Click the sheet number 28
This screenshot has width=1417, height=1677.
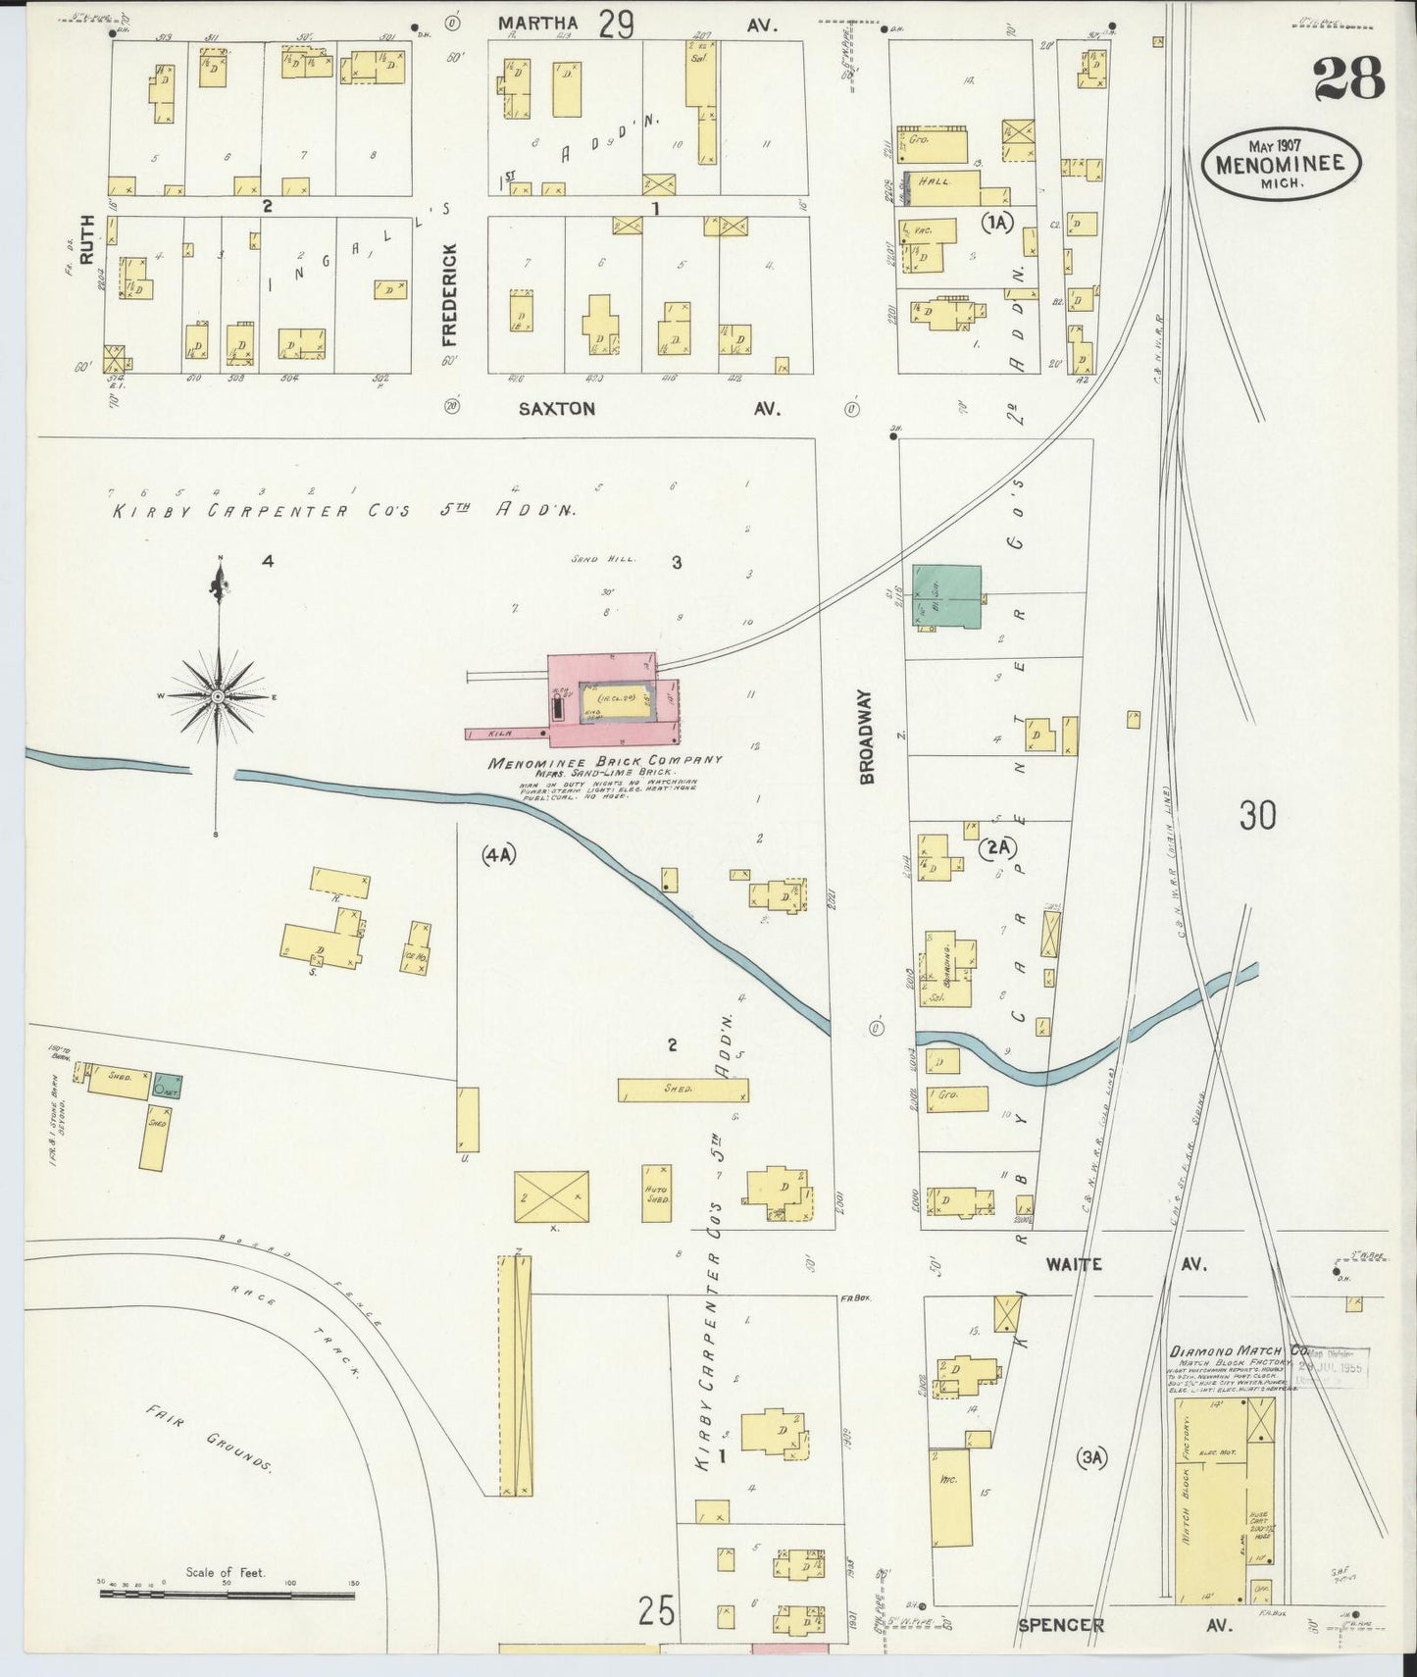(1348, 78)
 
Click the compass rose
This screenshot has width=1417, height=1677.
(218, 695)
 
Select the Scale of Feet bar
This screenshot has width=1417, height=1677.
(227, 1596)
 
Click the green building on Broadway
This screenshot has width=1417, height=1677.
(946, 597)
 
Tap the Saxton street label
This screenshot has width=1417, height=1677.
(557, 409)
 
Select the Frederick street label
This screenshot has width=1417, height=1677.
(450, 295)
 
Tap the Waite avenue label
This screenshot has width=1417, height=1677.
(1074, 1264)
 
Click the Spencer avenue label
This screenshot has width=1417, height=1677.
(1061, 1625)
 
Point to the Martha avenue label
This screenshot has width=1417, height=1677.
(537, 23)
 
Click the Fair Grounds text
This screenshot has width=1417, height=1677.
(208, 1438)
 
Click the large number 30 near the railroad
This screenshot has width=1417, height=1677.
(1257, 815)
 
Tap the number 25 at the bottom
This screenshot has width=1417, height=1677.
(656, 1610)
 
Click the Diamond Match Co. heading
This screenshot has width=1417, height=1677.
(1238, 1350)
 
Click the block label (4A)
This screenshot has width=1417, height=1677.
(498, 855)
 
